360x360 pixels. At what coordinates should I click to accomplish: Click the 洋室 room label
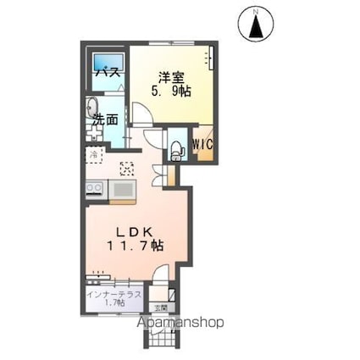[x=163, y=74]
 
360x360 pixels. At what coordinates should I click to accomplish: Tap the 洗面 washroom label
[x=105, y=119]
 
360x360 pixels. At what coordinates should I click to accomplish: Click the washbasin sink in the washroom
[x=92, y=108]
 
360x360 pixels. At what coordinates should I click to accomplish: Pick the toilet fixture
[x=176, y=149]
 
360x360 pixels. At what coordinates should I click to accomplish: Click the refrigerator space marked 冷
[x=95, y=156]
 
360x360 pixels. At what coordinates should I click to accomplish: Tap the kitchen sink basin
[x=123, y=189]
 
